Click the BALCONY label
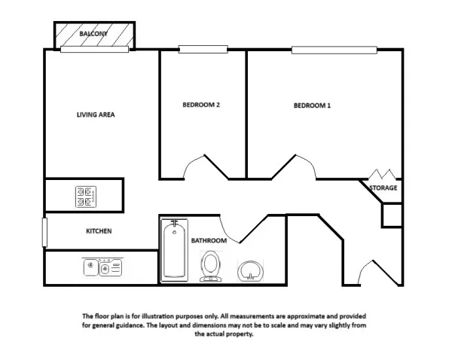(93, 34)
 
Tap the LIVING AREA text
(96, 114)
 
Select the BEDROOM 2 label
(201, 105)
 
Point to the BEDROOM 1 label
(312, 105)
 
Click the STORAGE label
(383, 188)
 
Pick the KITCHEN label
(99, 231)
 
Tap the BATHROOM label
(209, 240)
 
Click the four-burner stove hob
(86, 197)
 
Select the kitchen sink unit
(102, 267)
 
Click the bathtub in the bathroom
(175, 250)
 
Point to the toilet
(211, 266)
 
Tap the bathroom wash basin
(250, 270)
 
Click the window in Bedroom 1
(334, 50)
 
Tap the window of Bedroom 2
(203, 49)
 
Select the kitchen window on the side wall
(44, 232)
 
